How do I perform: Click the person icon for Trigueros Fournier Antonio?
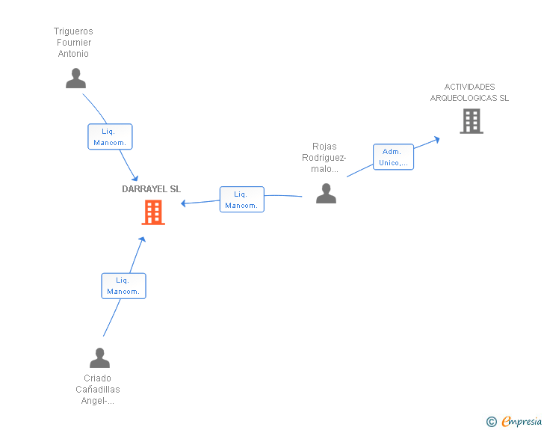click(75, 78)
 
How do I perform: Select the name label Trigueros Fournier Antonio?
click(73, 43)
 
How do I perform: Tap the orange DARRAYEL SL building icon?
click(153, 212)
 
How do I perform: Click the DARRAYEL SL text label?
click(152, 189)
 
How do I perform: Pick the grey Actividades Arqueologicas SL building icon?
click(471, 121)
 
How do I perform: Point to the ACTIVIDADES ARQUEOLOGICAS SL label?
click(469, 93)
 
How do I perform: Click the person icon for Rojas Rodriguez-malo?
click(326, 194)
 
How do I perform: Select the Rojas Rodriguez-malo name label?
click(324, 158)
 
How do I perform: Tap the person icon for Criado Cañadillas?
click(99, 358)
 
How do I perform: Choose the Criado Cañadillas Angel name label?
click(98, 390)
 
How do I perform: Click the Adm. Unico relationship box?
click(393, 157)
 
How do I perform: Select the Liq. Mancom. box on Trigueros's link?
click(110, 137)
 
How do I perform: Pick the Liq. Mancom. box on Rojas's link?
click(241, 200)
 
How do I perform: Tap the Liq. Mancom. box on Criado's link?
click(123, 286)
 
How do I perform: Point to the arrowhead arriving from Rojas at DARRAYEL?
click(184, 203)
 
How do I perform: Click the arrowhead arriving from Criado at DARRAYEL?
click(142, 240)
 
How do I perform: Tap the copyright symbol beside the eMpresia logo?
click(491, 422)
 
